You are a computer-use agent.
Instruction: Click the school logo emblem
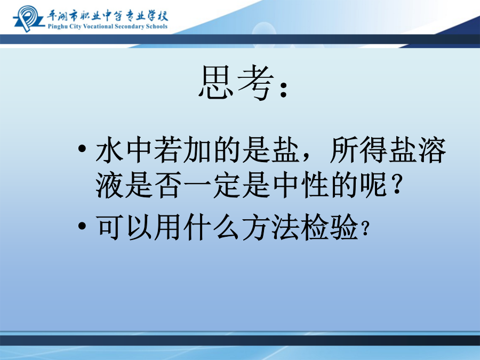pos(28,18)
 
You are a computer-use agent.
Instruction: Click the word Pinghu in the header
pos(58,27)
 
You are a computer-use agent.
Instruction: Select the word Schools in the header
pos(157,26)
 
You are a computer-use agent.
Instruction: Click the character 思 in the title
pos(215,82)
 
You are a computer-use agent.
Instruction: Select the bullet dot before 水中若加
pos(82,149)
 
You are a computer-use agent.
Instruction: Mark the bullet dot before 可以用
pos(82,226)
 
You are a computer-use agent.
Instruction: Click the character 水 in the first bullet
pos(109,150)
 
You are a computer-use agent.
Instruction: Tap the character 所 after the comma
pos(345,150)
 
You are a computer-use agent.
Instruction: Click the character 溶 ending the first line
pos(432,150)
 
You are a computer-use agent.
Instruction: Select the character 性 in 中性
pos(315,185)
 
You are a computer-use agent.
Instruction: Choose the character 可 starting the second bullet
pos(109,227)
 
